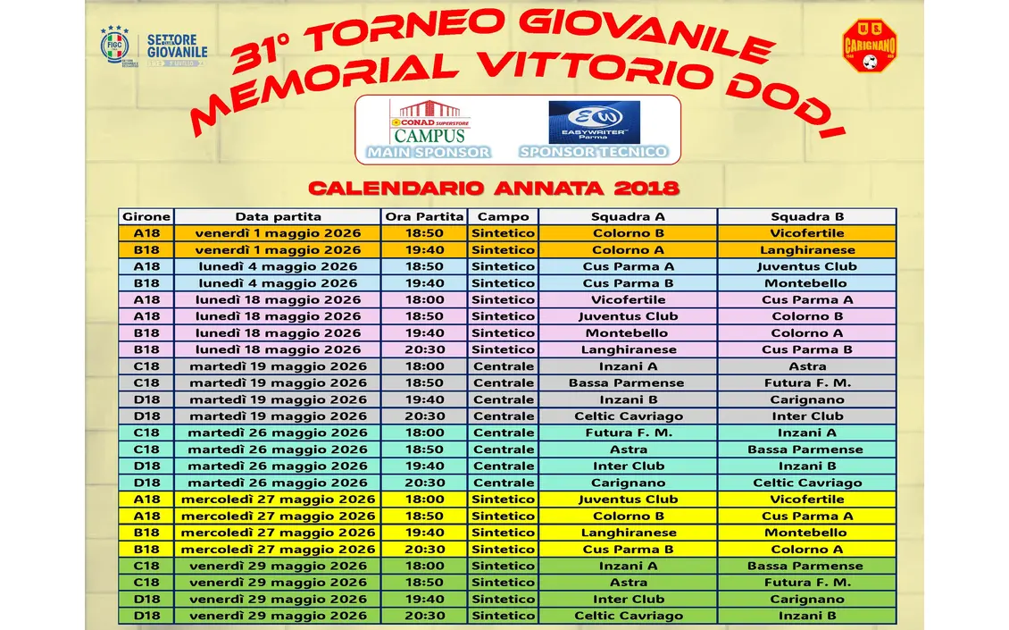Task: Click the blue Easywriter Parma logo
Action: coord(594,122)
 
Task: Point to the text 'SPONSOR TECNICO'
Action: coord(594,152)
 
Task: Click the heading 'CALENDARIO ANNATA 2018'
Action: coord(494,189)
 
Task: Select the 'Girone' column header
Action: coord(146,216)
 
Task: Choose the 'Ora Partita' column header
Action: coord(425,216)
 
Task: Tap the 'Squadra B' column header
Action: coord(807,216)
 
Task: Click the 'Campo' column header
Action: coord(504,216)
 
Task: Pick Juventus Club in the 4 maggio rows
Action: coord(807,266)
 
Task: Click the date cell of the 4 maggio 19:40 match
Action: coord(278,283)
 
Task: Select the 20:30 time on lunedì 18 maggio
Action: coord(425,349)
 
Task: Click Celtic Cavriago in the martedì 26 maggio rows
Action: coord(807,483)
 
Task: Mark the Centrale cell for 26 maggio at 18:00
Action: coord(504,433)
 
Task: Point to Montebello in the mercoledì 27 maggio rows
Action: coord(807,533)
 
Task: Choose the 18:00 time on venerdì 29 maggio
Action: coord(425,566)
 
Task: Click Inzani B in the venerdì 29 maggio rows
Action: coord(807,616)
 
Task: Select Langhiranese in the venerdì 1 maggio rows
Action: coord(807,250)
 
